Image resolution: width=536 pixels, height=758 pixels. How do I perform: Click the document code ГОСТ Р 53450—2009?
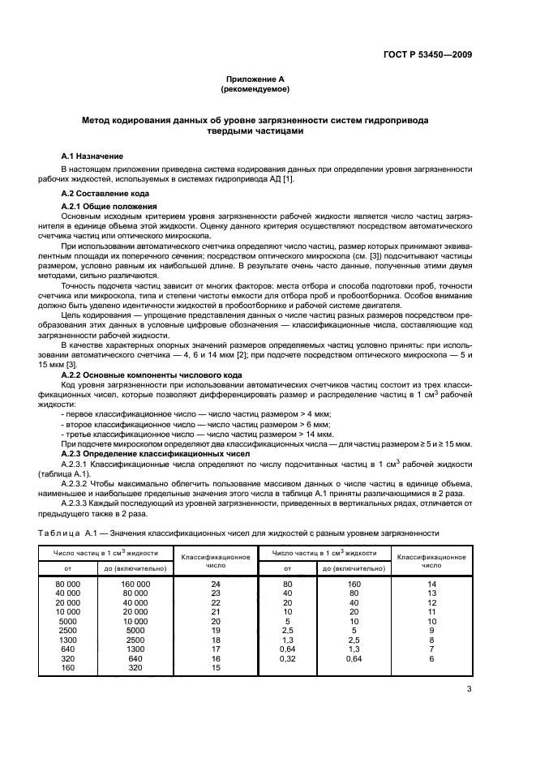pyautogui.click(x=428, y=56)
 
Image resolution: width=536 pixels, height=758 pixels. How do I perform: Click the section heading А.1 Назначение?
pyautogui.click(x=92, y=155)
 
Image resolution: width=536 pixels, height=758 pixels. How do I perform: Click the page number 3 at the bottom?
pyautogui.click(x=470, y=690)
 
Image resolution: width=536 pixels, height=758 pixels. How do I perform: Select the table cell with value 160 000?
pyautogui.click(x=136, y=583)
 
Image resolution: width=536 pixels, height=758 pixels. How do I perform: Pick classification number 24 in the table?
pyautogui.click(x=216, y=583)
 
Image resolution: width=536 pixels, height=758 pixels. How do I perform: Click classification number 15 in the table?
pyautogui.click(x=216, y=667)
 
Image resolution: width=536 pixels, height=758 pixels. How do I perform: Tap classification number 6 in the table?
pyautogui.click(x=431, y=658)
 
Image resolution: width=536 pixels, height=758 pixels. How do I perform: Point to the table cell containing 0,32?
pyautogui.click(x=287, y=658)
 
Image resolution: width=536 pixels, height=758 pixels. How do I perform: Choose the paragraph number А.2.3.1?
pyautogui.click(x=79, y=463)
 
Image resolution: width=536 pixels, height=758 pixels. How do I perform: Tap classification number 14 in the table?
pyautogui.click(x=431, y=583)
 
